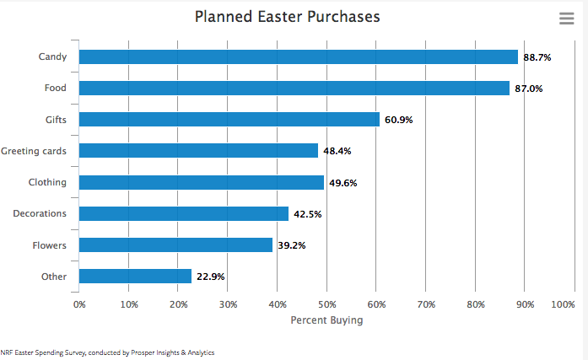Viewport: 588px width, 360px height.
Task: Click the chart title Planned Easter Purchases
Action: tap(287, 17)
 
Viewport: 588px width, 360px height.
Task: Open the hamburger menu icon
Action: tap(566, 19)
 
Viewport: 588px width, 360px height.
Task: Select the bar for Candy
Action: tap(298, 56)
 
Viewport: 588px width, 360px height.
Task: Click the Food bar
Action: tap(294, 88)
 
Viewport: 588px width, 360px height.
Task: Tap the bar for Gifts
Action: tap(229, 119)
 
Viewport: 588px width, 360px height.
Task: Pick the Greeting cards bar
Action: tap(198, 150)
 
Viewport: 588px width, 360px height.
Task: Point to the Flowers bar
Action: tap(175, 244)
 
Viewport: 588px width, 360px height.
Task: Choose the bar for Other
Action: tap(135, 276)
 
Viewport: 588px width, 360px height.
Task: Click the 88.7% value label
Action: tap(537, 57)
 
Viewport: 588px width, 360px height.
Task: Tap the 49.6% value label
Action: tap(343, 183)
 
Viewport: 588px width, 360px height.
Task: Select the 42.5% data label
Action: tap(307, 214)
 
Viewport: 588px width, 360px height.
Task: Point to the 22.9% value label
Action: tap(209, 277)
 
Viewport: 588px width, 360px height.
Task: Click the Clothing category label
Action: tap(47, 182)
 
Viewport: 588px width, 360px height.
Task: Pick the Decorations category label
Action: tap(40, 213)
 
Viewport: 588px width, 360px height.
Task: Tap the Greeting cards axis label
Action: tap(34, 151)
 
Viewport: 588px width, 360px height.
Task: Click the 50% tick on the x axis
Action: tap(327, 304)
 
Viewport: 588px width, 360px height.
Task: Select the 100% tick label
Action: tap(563, 304)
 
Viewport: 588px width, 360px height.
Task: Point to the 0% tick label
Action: tap(79, 304)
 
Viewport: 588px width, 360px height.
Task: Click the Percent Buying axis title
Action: tap(326, 320)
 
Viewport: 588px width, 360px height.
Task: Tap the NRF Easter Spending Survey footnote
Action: tap(107, 352)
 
